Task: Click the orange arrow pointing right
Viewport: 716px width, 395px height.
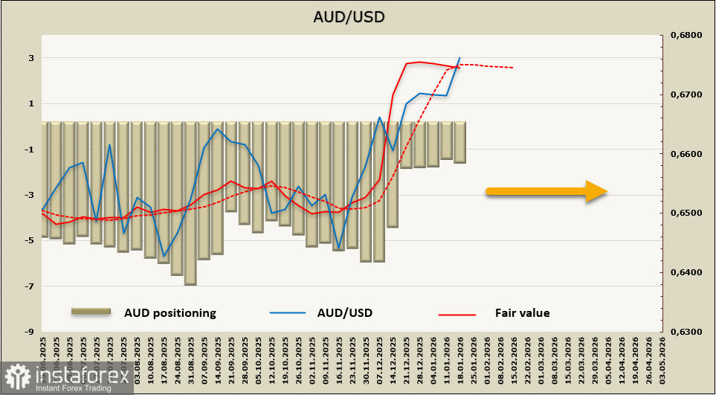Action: (546, 191)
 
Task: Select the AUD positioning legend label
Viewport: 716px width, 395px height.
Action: (170, 313)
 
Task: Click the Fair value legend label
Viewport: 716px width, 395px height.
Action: (522, 313)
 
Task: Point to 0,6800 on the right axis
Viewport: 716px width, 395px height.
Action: (686, 36)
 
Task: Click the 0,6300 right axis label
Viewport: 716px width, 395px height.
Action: (686, 332)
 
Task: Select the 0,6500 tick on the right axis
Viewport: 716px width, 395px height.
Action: (686, 213)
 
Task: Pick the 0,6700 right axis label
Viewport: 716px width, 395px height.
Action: (686, 95)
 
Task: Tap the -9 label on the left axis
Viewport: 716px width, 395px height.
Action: (30, 332)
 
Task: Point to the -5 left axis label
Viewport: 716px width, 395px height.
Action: (30, 241)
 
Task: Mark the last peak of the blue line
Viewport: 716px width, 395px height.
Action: (459, 57)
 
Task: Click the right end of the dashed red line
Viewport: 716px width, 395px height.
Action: (514, 68)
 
